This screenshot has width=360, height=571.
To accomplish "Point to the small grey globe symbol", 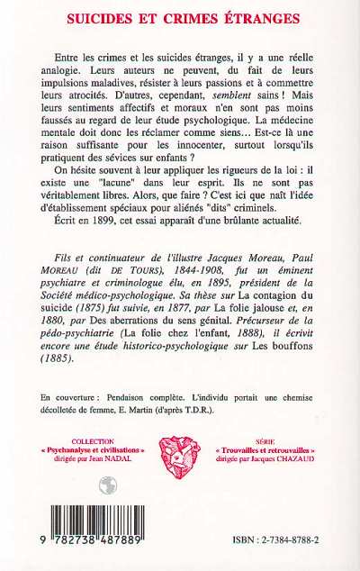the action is (108, 485).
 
